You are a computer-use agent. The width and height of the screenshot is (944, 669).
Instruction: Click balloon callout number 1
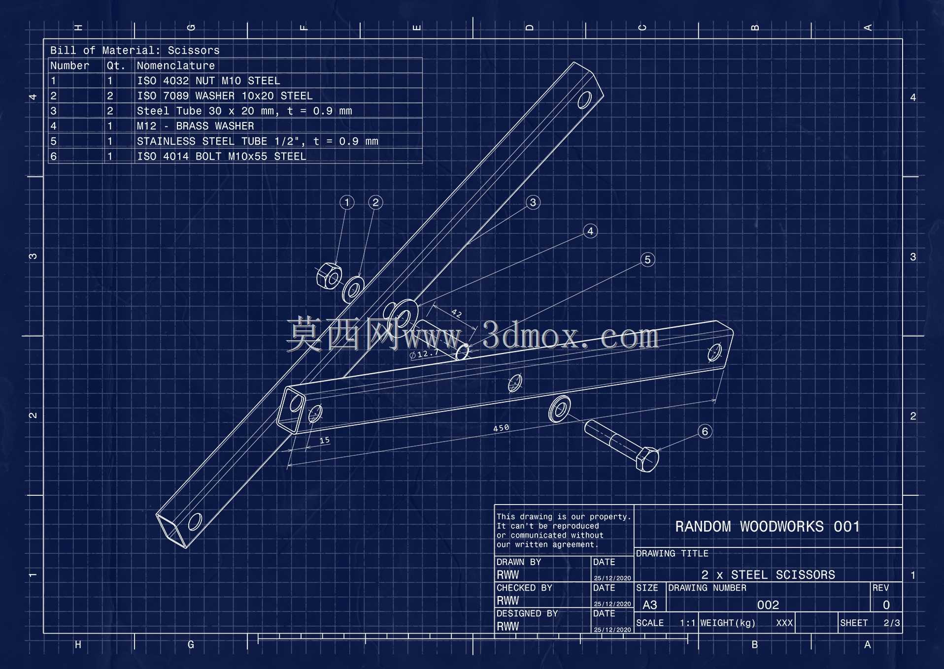347,202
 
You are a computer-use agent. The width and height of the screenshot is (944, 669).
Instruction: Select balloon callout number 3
533,202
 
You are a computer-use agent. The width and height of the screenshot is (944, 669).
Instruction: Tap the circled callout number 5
647,259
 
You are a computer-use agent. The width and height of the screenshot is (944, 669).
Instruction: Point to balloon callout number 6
705,432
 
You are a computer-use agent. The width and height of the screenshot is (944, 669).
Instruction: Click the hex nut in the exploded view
329,276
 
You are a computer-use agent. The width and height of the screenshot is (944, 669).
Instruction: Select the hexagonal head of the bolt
647,460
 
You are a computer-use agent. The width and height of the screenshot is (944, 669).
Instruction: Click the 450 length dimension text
501,428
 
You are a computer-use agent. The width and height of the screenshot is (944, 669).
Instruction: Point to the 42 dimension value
457,313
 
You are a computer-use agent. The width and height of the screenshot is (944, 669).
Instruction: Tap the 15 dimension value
325,440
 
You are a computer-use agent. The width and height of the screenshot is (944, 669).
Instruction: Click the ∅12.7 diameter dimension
424,354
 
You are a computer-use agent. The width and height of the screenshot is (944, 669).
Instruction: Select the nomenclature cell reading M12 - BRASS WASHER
195,126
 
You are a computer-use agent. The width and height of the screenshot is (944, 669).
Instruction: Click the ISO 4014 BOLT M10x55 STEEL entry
221,156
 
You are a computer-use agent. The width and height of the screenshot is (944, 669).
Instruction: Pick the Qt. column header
116,65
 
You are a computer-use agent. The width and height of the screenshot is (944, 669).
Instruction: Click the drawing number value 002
768,605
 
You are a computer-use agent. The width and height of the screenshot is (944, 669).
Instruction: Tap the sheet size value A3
650,605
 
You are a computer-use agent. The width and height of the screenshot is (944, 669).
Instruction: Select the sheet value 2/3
892,623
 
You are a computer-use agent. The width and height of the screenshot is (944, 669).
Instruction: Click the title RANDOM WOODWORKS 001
768,527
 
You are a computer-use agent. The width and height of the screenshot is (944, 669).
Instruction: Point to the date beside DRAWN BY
612,578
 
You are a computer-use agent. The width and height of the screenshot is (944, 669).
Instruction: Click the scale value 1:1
688,623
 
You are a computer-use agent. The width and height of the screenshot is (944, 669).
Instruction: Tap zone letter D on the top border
530,28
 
